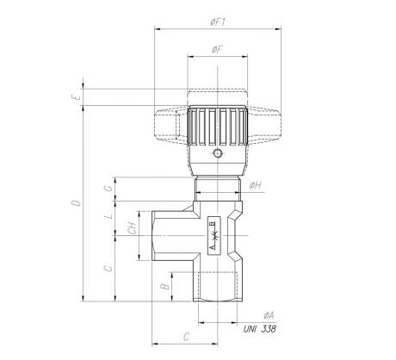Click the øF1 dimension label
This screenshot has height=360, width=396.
(218, 22)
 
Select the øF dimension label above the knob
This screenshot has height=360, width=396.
(218, 50)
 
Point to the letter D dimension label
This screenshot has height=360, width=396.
(77, 203)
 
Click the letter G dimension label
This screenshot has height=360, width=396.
(108, 189)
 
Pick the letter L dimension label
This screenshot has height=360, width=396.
(109, 216)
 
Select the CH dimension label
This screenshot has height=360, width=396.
(132, 228)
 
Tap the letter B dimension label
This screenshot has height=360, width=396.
(164, 287)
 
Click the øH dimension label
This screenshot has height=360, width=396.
(255, 185)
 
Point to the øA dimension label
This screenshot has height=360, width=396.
(269, 316)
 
